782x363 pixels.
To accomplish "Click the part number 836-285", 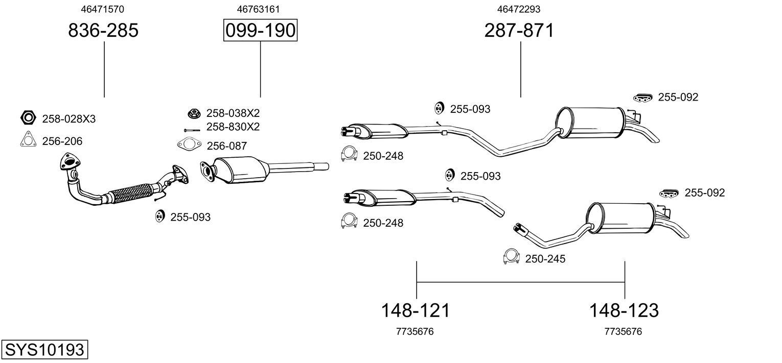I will tap(103, 31).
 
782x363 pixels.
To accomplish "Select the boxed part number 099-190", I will tap(260, 31).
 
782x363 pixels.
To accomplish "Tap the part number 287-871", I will tap(519, 31).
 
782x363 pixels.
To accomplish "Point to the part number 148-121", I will tap(416, 310).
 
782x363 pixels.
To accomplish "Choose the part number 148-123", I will tap(624, 310).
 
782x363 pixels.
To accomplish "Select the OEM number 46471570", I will tap(103, 9).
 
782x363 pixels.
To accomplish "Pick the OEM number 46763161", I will tap(258, 9).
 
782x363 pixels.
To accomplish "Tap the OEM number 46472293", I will tap(519, 9).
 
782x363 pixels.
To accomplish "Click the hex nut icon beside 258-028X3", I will tap(28, 118).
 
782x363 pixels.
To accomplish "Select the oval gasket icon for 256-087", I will tap(190, 145).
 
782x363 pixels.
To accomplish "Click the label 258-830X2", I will tap(233, 127).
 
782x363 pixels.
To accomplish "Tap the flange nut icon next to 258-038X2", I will tap(193, 113).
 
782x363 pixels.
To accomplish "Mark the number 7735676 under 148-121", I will tap(415, 331).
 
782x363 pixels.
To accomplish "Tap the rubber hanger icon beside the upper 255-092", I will tap(642, 98).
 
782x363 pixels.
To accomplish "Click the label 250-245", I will tap(545, 259).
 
